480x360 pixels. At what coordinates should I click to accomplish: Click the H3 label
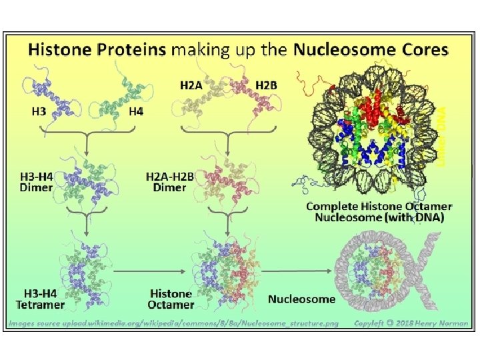(39, 112)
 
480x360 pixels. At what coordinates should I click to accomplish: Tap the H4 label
(135, 112)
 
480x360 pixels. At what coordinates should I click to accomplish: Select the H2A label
(192, 85)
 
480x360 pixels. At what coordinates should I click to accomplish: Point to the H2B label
(267, 85)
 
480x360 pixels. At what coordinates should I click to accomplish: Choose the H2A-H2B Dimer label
(170, 182)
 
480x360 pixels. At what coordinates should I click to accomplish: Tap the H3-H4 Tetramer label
(41, 299)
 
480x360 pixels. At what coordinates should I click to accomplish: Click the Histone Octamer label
(171, 299)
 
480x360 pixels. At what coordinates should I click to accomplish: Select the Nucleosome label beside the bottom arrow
(301, 299)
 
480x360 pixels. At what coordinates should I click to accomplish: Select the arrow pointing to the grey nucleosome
(300, 272)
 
